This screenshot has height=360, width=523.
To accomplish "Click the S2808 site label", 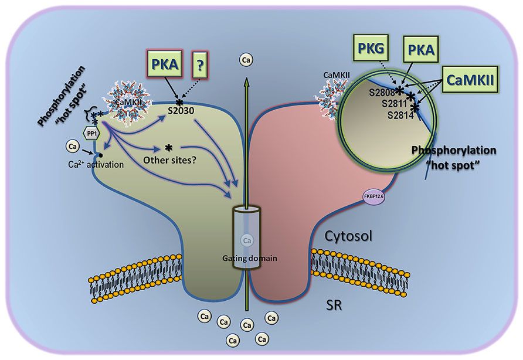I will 382,92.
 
